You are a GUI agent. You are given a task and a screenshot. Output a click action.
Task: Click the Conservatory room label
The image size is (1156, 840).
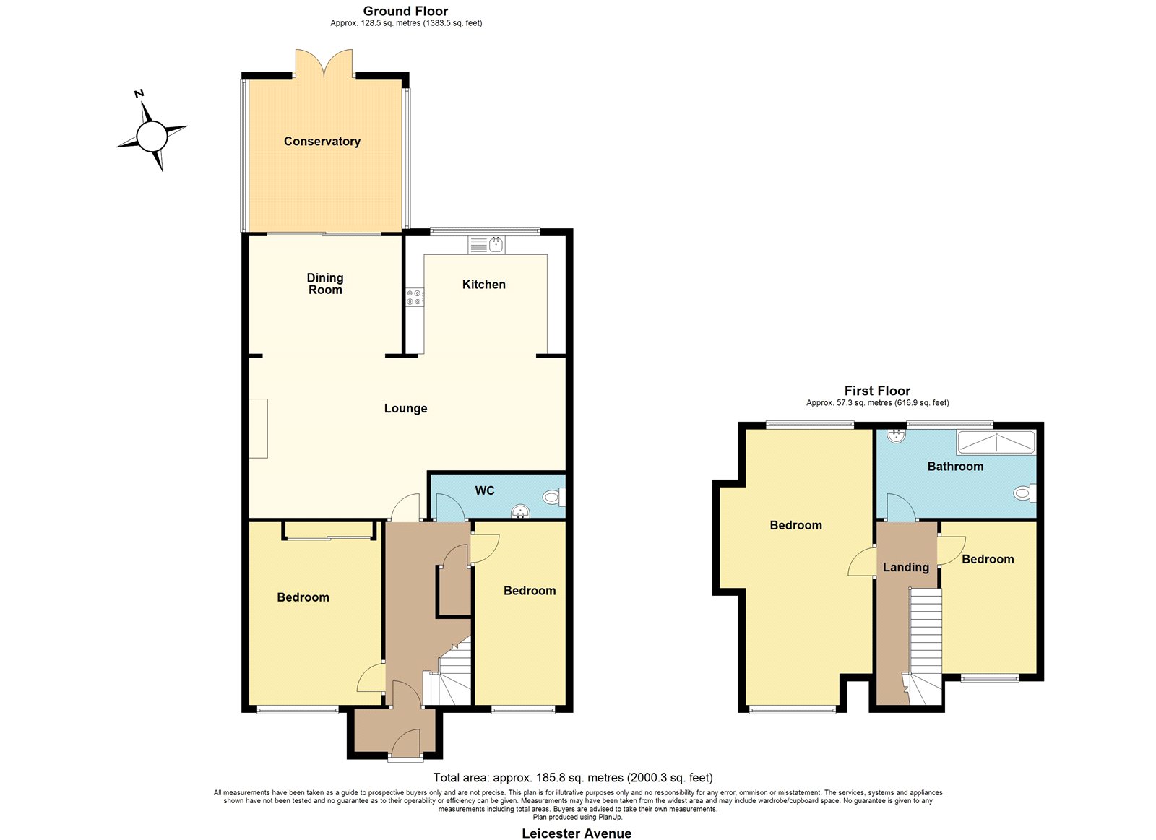(322, 142)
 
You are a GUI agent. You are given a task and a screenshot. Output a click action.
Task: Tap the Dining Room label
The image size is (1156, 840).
(325, 284)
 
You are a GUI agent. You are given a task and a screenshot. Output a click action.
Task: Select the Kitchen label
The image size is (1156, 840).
(483, 285)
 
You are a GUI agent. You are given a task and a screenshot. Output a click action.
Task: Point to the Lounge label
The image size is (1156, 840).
(405, 409)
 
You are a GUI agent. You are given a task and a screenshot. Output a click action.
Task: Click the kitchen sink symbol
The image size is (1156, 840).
(487, 245)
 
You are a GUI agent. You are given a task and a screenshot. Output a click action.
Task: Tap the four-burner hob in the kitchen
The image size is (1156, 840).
(414, 297)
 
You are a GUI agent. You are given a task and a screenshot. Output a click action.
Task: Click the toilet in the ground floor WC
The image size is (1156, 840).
(553, 498)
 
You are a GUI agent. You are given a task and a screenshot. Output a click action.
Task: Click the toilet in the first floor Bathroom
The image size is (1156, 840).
(1025, 493)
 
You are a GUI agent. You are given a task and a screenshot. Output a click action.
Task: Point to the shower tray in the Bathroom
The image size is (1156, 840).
(996, 443)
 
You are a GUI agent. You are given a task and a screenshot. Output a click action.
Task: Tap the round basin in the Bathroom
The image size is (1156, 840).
(897, 436)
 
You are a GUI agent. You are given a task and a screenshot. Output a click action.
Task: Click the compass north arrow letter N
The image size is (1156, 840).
(139, 93)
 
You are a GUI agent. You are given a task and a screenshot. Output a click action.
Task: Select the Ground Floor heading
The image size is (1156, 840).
(405, 11)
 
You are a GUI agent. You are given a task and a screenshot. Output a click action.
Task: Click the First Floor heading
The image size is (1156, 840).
(877, 391)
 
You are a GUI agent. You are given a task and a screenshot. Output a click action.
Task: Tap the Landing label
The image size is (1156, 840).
(906, 568)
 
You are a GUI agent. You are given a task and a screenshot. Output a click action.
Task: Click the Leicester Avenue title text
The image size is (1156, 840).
(577, 833)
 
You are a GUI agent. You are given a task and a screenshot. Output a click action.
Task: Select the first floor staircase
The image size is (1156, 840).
(926, 646)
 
